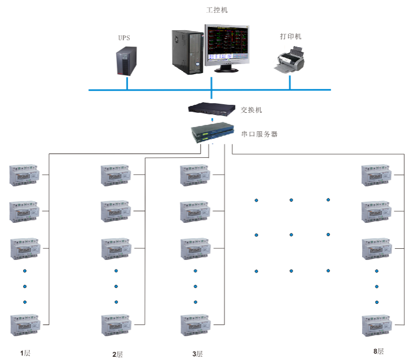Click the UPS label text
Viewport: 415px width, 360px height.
pos(124,38)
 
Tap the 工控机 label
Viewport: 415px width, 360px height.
pos(217,10)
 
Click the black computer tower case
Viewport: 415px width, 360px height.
pos(188,51)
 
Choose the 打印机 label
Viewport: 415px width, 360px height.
pos(291,37)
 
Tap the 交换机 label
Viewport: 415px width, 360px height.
pos(251,110)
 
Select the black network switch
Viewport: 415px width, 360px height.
pos(212,109)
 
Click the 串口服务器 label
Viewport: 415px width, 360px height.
pos(259,134)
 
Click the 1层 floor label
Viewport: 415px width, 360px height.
pos(25,353)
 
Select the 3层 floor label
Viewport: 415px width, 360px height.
pos(197,354)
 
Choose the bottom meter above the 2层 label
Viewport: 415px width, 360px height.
pos(116,325)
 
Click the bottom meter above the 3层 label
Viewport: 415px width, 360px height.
pos(195,325)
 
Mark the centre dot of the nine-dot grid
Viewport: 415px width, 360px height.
pos(291,235)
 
